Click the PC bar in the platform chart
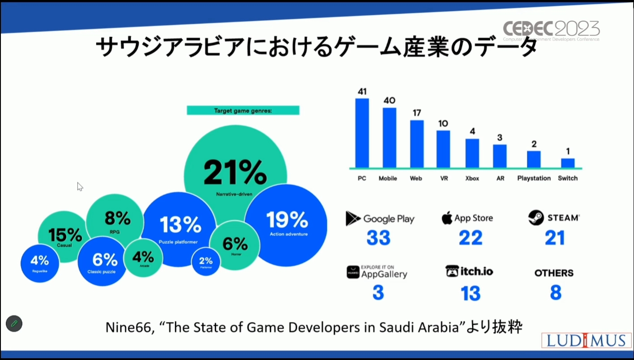click(x=362, y=133)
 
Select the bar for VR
click(x=443, y=149)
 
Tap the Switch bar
click(x=567, y=163)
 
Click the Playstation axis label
click(x=534, y=178)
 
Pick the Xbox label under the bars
click(x=472, y=178)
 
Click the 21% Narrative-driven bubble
click(x=235, y=166)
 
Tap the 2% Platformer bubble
click(x=206, y=261)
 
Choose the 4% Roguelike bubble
click(x=39, y=263)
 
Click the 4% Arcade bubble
click(x=143, y=258)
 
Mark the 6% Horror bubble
click(x=235, y=245)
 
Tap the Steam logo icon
click(x=536, y=218)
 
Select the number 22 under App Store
click(x=470, y=238)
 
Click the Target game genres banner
click(x=243, y=110)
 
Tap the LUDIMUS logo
click(x=586, y=340)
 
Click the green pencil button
click(x=14, y=323)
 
